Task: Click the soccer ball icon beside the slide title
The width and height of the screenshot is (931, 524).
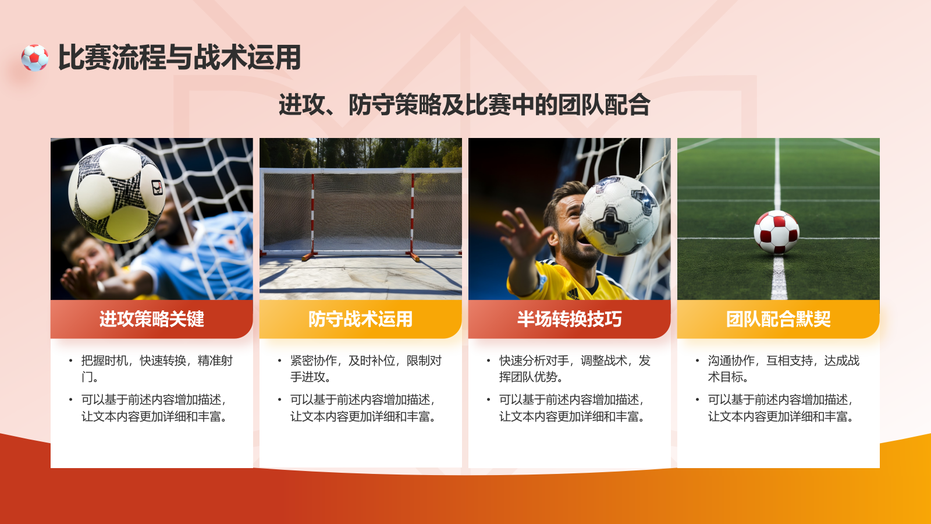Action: click(x=35, y=58)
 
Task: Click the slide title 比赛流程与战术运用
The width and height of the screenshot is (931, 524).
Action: click(x=179, y=58)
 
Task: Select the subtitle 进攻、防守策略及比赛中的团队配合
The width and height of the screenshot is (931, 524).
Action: click(x=464, y=105)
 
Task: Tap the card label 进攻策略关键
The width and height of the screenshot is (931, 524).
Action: click(x=151, y=319)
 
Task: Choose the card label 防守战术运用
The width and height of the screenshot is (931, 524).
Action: click(x=360, y=319)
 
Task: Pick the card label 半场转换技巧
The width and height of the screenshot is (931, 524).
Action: click(x=569, y=319)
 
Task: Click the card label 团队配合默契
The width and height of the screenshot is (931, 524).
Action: click(x=778, y=319)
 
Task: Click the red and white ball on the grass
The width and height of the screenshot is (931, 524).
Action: click(x=776, y=232)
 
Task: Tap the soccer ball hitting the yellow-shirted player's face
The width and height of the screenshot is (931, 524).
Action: click(x=620, y=215)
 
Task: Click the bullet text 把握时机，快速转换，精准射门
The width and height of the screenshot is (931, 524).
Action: click(x=157, y=369)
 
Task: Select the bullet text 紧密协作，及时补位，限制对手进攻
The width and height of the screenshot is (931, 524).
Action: click(x=365, y=369)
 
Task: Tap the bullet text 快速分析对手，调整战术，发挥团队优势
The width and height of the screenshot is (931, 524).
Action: click(x=574, y=369)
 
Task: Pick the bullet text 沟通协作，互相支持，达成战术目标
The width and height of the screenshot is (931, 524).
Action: click(x=783, y=369)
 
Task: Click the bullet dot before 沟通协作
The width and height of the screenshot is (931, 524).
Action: click(x=697, y=361)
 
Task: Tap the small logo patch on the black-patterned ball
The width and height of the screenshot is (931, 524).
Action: click(x=157, y=187)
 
